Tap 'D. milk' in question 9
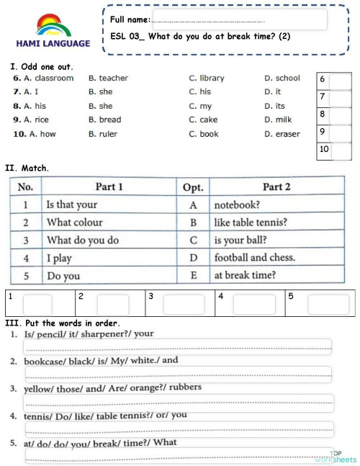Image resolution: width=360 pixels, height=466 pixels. coord(278,120)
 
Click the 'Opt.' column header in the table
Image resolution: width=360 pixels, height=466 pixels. coord(193,187)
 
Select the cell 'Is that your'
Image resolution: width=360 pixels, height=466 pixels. coord(72,205)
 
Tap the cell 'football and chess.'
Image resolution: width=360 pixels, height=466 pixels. coord(255,257)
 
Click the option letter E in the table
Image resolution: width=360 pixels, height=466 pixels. coord(193,275)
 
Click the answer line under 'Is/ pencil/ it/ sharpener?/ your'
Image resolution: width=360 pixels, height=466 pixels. coord(178,346)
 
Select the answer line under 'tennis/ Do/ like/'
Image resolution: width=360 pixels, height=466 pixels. coord(178,430)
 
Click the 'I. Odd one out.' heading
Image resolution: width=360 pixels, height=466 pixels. coord(42,66)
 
